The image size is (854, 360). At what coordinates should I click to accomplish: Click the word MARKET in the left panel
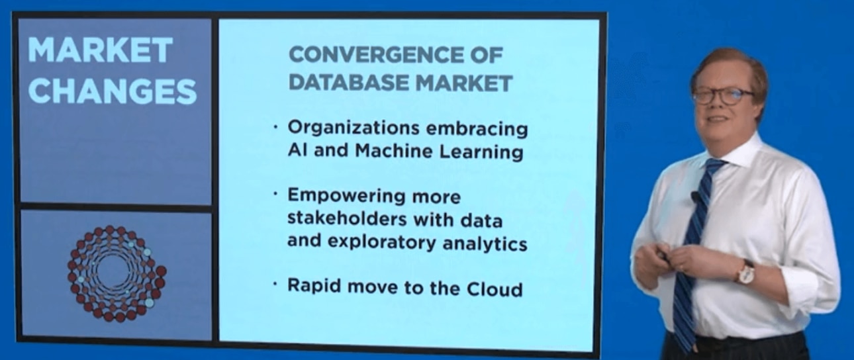[100, 50]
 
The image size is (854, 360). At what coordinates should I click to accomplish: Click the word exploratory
[389, 243]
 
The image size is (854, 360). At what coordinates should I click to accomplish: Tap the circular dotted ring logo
[117, 273]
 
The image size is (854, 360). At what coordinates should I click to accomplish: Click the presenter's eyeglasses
[723, 95]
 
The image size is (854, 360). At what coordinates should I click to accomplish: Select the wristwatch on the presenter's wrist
[745, 272]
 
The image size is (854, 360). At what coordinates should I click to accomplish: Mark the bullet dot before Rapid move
[276, 285]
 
